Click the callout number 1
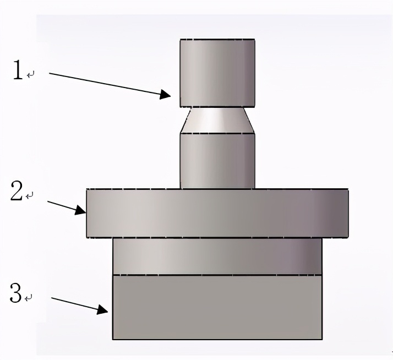18,70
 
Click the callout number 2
17,191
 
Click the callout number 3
16,292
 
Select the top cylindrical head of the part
217,73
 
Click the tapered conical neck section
217,121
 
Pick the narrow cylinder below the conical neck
217,161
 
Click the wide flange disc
217,213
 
